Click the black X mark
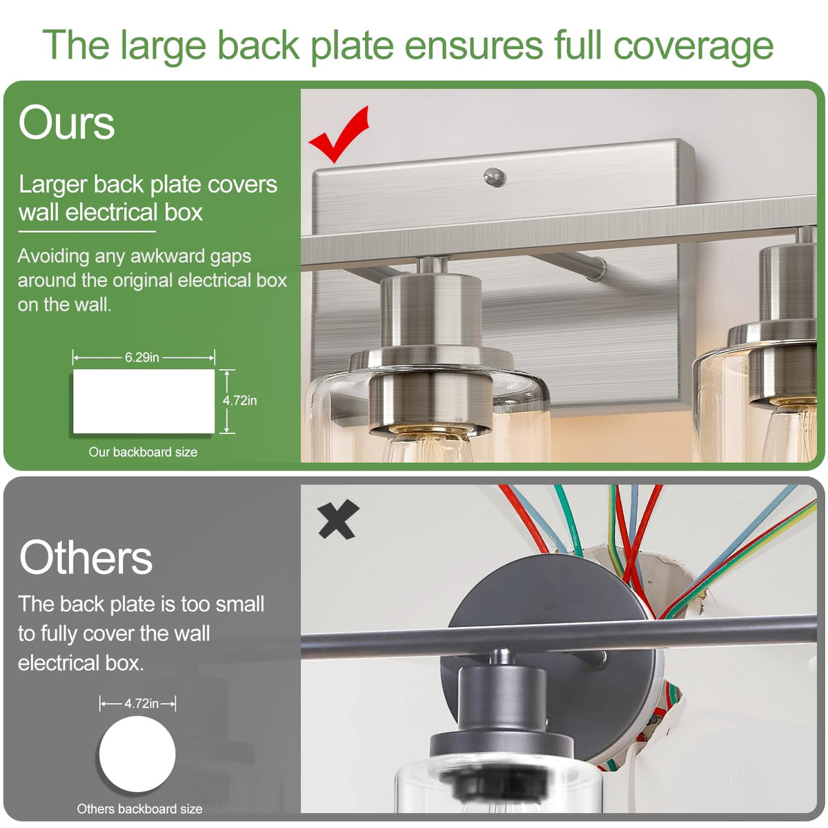pos(338,519)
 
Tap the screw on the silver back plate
pos(494,177)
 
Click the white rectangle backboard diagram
pos(144,401)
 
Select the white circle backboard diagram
pos(137,754)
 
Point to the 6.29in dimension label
pos(142,357)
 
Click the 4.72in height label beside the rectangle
pos(239,400)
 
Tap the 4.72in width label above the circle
pos(141,704)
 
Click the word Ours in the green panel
pos(67,123)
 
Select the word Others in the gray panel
pos(86,558)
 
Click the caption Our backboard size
pos(143,452)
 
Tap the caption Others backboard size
pos(139,809)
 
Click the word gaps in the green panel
pos(230,257)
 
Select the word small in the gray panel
pos(239,604)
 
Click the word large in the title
pos(164,46)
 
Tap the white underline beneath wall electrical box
pos(87,232)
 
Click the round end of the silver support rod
pos(598,268)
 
